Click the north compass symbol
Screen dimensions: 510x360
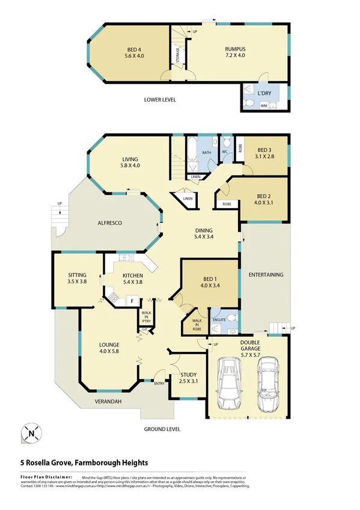click(x=32, y=432)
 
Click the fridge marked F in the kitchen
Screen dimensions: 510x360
click(x=132, y=300)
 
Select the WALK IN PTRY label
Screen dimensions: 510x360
click(x=146, y=317)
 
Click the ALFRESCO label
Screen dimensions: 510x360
click(x=110, y=223)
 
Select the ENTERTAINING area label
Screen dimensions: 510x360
click(x=265, y=275)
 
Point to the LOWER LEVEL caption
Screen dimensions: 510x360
click(x=160, y=100)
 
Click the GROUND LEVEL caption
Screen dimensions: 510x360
click(x=162, y=429)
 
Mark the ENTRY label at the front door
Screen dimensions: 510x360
click(x=160, y=383)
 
